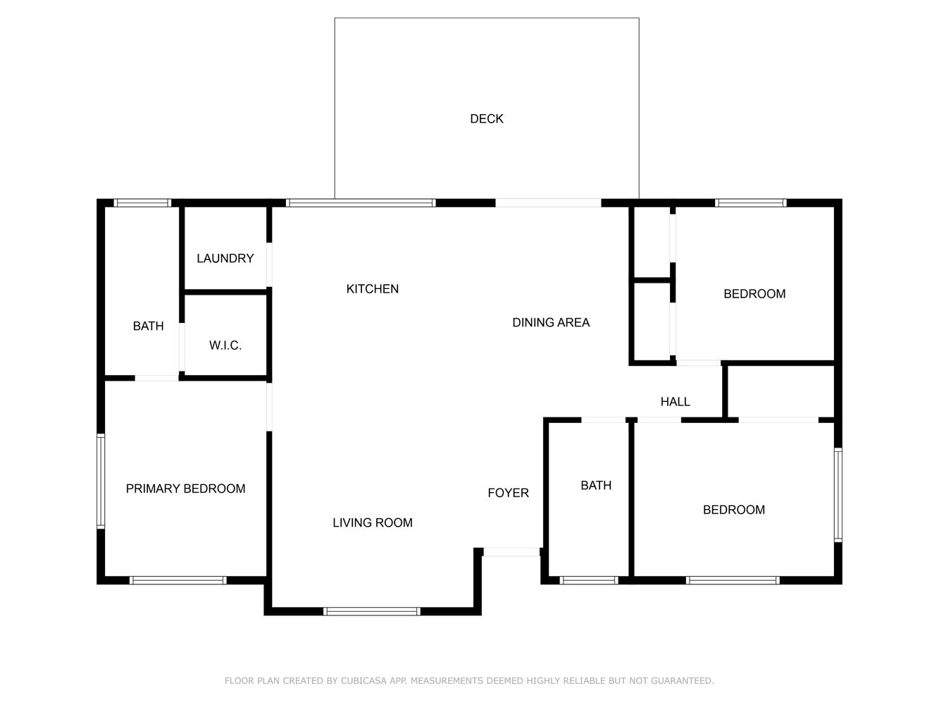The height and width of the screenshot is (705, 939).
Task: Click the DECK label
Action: click(x=486, y=119)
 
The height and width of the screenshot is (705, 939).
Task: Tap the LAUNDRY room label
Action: click(x=225, y=259)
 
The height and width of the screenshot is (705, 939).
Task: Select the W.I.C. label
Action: click(x=225, y=345)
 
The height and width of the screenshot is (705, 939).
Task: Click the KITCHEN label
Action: click(x=372, y=289)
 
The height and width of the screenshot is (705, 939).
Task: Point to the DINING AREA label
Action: click(x=550, y=323)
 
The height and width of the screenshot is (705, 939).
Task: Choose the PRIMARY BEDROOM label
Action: click(x=185, y=489)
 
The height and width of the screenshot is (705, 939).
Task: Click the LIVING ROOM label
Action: click(x=372, y=522)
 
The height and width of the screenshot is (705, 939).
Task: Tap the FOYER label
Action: click(x=508, y=493)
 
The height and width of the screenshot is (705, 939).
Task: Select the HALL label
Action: click(x=675, y=402)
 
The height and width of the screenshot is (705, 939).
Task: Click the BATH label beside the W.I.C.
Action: click(x=148, y=326)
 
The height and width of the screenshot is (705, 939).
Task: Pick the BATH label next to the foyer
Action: click(x=595, y=485)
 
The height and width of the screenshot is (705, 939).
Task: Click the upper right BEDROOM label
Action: click(x=754, y=294)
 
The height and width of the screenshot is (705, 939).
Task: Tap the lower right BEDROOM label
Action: click(x=733, y=510)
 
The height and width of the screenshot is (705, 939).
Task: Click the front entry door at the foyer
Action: click(x=511, y=552)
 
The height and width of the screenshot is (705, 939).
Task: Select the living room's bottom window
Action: click(x=371, y=611)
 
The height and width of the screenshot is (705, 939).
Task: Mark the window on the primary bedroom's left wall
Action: click(x=101, y=482)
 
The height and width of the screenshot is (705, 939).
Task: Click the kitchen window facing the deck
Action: click(x=360, y=203)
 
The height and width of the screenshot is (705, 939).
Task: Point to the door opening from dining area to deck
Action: click(x=548, y=203)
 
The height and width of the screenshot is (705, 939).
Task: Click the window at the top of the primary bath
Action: click(x=143, y=203)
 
